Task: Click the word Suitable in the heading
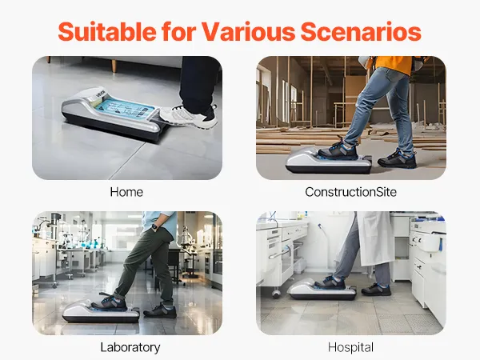107,31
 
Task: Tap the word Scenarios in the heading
362,31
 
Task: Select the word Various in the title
248,31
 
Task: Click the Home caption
126,192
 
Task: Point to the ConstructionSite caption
351,192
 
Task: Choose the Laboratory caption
130,347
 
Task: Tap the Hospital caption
351,347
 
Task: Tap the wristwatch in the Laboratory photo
155,227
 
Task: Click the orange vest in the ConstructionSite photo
394,65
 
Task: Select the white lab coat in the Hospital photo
374,238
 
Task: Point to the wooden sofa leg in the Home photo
114,65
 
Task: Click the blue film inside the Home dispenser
126,108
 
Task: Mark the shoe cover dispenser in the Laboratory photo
101,312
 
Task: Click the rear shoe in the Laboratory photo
160,310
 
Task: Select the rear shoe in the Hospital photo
376,290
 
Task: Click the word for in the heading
178,31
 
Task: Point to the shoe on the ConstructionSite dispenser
338,150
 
